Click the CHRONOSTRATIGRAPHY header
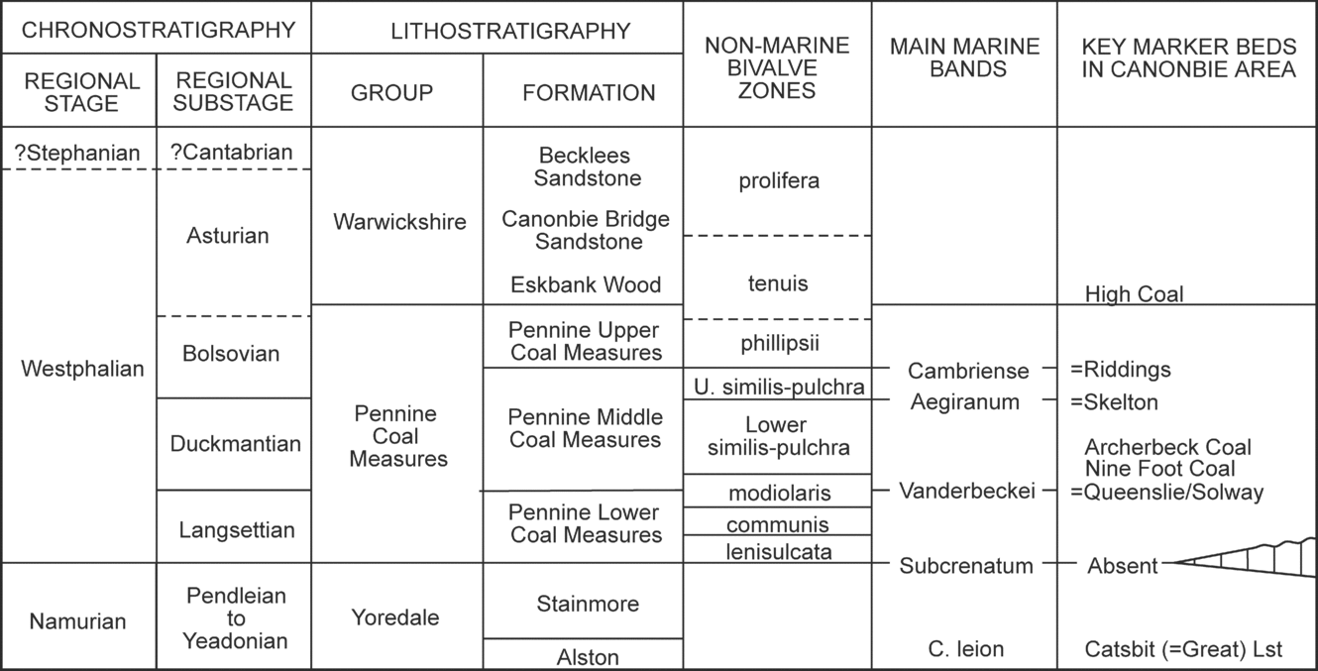coord(159,30)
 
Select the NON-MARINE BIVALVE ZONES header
coord(777,68)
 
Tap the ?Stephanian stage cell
coord(78,153)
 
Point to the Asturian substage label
coord(227,236)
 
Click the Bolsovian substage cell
coord(232,354)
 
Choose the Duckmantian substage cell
coord(235,443)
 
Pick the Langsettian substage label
coord(237,529)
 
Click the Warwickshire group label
coord(399,221)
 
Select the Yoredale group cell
coord(395,617)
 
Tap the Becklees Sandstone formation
coord(586,167)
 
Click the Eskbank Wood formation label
coord(586,284)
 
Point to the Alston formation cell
coord(588,656)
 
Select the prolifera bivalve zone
coord(778,180)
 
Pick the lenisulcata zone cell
coord(778,551)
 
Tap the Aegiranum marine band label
coord(964,401)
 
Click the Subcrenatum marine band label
coord(965,566)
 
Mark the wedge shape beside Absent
coord(1239,560)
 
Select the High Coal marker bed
coord(1134,293)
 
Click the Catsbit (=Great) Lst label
coord(1184,650)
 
